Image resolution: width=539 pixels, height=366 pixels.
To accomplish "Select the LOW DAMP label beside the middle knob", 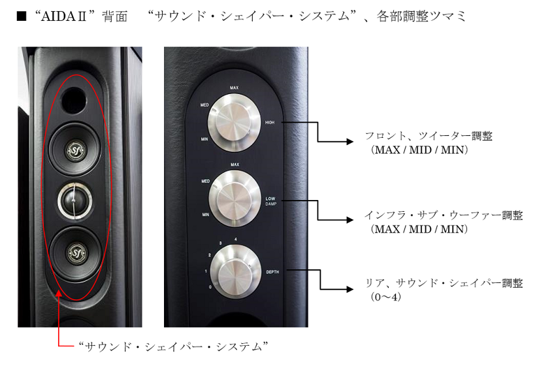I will coord(271,200).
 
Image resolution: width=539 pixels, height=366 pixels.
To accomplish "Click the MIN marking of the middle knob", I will coord(205,214).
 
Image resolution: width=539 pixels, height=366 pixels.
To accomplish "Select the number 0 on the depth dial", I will coord(208,287).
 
